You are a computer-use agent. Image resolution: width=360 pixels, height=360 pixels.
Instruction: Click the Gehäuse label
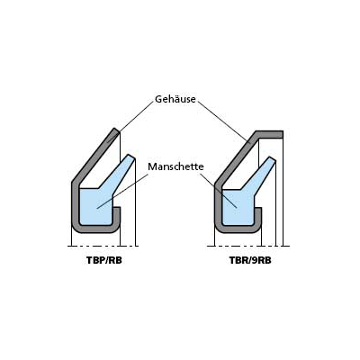tap(175, 99)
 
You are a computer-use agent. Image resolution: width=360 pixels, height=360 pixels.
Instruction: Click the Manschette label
tap(175, 166)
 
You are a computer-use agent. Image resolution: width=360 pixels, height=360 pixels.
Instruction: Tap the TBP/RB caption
tap(104, 260)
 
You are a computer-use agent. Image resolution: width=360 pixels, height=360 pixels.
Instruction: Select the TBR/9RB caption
tap(250, 260)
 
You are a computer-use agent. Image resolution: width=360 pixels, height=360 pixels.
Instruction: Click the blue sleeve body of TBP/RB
tap(96, 206)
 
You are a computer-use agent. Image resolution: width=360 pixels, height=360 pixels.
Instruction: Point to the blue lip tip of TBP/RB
tap(130, 157)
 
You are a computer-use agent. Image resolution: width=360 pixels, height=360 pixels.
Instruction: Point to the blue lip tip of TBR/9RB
tap(272, 159)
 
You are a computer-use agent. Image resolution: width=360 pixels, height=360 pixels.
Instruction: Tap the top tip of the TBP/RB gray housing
tap(115, 130)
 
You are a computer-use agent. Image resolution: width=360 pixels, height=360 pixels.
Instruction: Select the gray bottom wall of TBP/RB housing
tap(95, 229)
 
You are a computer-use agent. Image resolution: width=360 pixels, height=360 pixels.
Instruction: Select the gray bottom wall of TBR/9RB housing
tap(238, 229)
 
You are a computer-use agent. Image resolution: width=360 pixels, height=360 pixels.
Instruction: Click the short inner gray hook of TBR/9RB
tap(258, 216)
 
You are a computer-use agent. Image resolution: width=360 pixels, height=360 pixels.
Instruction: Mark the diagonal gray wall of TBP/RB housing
tap(94, 157)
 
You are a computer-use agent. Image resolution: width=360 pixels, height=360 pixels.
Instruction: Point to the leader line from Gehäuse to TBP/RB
tap(130, 120)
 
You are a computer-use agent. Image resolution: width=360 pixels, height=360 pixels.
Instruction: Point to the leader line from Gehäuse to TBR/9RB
tap(224, 121)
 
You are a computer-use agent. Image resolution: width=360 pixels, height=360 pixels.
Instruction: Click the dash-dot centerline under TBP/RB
tap(103, 246)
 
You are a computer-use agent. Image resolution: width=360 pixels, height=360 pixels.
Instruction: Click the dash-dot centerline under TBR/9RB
tap(248, 246)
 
